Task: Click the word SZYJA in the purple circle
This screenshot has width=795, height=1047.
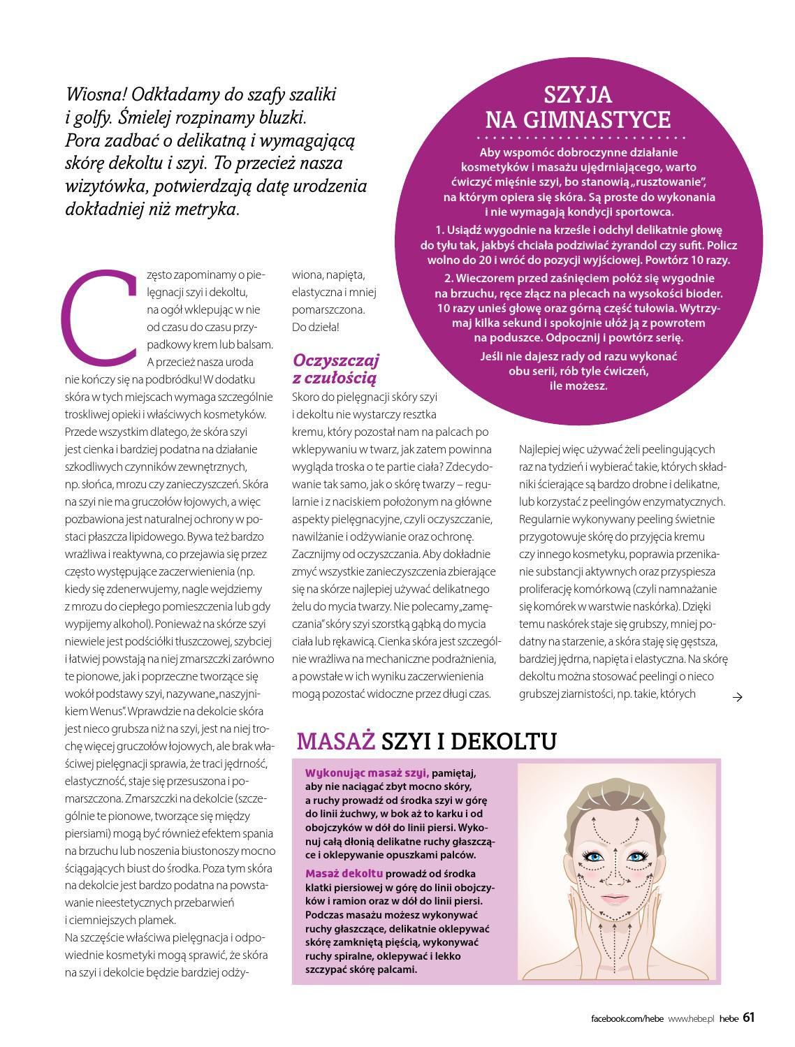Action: tap(578, 95)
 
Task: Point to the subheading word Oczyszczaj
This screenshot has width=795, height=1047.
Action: tap(336, 360)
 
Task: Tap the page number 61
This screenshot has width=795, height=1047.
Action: tap(748, 1018)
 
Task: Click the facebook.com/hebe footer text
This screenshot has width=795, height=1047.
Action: tap(627, 1019)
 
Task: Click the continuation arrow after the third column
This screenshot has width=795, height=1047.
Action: tap(737, 696)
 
